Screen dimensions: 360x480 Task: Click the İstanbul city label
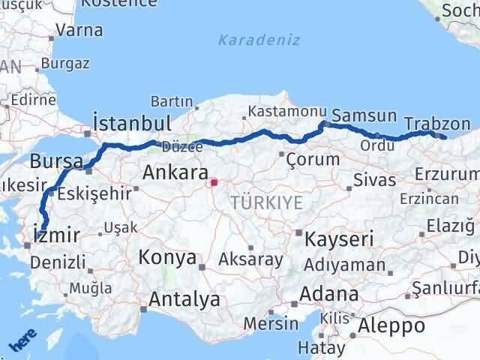click(131, 123)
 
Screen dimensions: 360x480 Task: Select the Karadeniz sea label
click(259, 40)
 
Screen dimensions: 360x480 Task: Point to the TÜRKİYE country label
click(267, 202)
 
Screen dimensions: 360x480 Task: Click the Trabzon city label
click(437, 124)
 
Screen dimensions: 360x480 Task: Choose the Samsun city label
click(364, 115)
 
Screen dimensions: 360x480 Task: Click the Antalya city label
click(184, 300)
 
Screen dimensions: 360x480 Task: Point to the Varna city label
click(79, 31)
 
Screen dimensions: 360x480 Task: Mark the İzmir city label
click(57, 235)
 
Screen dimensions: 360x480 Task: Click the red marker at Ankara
click(213, 181)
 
